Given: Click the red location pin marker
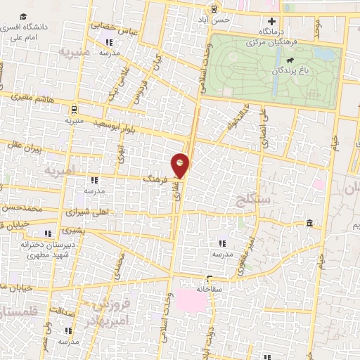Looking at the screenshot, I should click(x=181, y=165).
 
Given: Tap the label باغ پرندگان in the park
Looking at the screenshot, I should click(x=289, y=72).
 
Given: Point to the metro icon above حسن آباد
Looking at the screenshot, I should click(x=212, y=9).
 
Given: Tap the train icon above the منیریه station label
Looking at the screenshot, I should click(x=75, y=109).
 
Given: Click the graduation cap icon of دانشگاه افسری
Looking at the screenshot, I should click(x=25, y=16).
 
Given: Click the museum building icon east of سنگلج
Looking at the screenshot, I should click(x=309, y=224).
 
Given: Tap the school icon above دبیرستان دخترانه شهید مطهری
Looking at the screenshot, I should click(x=48, y=234).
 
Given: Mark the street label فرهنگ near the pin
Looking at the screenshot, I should click(x=154, y=180).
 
